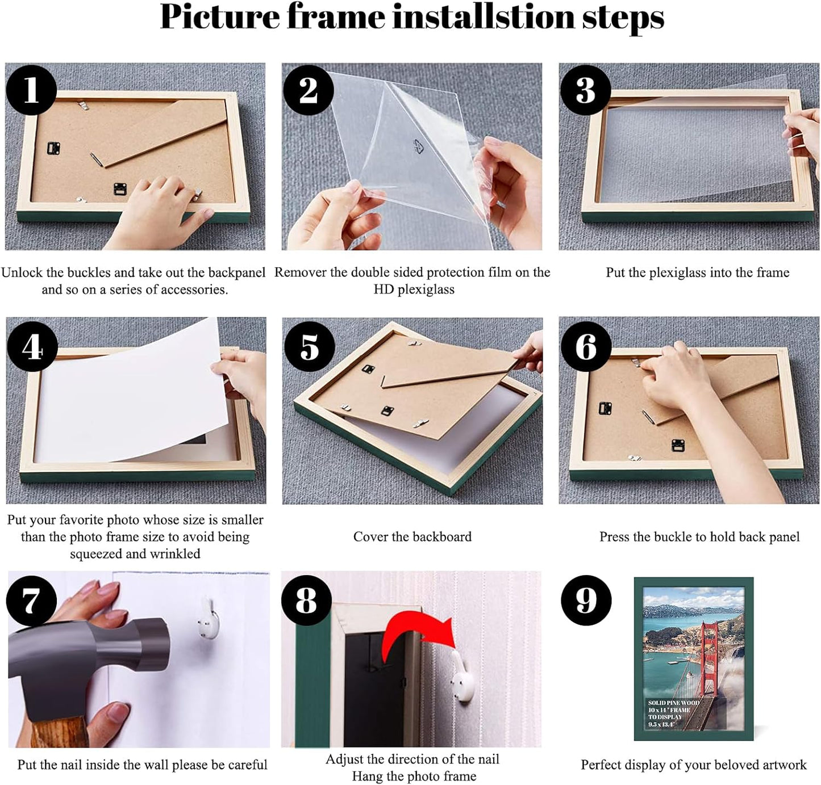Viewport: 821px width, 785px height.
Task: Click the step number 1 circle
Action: pos(31,90)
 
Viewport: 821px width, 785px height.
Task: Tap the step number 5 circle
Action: pos(309,347)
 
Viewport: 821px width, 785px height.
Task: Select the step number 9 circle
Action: pos(586,601)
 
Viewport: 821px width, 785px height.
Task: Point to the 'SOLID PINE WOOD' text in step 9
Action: pos(673,703)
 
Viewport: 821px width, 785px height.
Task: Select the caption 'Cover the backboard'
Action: pos(412,537)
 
